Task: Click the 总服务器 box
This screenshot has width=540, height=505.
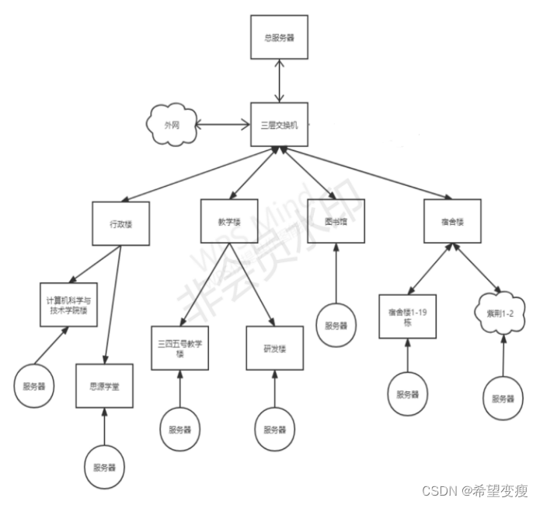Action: (x=273, y=37)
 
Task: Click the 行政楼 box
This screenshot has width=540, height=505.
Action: (x=120, y=224)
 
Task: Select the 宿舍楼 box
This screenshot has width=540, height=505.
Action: (x=452, y=221)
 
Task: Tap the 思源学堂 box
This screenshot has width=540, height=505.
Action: (x=104, y=385)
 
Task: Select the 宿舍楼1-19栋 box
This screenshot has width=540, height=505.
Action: (x=408, y=316)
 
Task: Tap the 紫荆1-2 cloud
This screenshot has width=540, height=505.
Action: (x=496, y=313)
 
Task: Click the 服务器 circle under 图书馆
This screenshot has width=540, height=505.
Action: (x=336, y=324)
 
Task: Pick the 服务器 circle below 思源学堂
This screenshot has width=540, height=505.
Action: (x=104, y=467)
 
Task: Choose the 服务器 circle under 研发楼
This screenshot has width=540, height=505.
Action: (x=274, y=430)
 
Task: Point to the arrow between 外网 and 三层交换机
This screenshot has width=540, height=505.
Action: (x=222, y=124)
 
